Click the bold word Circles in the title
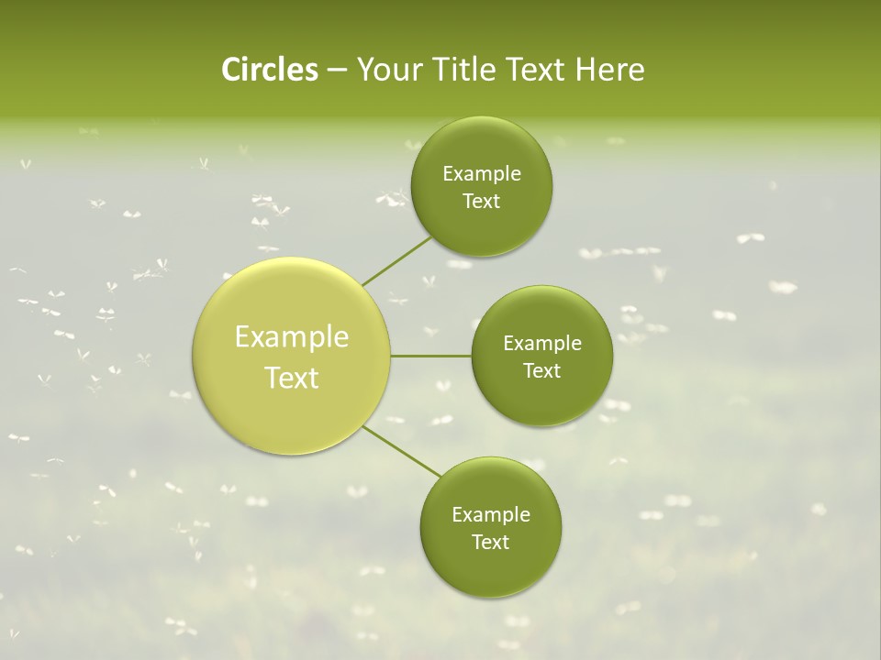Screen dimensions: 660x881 270,70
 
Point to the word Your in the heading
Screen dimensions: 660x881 386,70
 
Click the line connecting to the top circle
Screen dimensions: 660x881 396,260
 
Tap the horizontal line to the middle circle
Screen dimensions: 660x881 430,356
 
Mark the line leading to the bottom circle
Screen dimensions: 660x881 402,452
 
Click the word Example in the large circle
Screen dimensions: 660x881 292,337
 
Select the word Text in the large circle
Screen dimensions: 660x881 292,378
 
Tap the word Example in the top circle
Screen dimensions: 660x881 482,174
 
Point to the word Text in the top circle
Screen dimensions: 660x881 481,202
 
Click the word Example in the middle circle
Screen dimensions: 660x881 542,344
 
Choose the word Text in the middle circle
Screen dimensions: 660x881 541,371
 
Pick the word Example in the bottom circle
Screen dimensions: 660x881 491,515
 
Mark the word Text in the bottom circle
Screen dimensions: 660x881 490,543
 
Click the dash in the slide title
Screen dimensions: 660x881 337,71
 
